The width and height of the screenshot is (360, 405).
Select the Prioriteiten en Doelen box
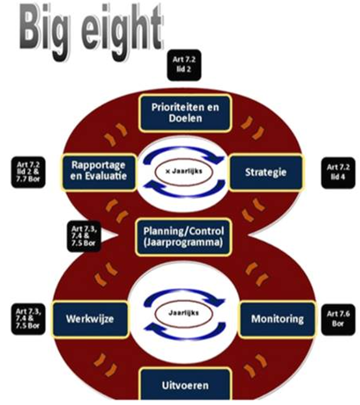[185, 113]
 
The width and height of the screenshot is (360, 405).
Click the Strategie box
[266, 172]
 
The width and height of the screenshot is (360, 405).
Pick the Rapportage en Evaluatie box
[99, 172]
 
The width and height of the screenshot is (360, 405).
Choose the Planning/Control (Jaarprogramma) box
[184, 237]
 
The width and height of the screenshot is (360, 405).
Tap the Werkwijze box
[90, 319]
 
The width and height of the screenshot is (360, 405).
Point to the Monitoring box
[277, 319]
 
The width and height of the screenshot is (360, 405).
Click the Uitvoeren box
[185, 385]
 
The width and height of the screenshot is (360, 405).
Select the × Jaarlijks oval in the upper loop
[184, 172]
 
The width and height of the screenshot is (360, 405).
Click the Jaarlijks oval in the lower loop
[184, 313]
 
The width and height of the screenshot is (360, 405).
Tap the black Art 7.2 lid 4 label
[338, 173]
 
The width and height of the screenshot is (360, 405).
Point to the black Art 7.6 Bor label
[338, 319]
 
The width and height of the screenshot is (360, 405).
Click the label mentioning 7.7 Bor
[28, 172]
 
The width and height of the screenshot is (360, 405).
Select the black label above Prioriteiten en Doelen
[184, 65]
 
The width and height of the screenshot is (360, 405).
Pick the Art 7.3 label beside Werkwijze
[28, 319]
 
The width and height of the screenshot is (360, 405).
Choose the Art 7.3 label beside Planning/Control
[84, 236]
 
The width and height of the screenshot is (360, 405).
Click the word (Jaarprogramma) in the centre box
[183, 243]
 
